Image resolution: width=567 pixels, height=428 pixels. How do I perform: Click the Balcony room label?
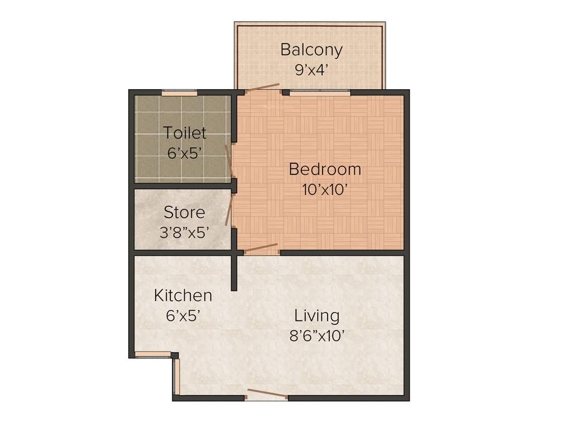tap(311, 50)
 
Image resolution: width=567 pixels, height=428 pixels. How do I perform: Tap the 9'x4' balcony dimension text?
tap(311, 70)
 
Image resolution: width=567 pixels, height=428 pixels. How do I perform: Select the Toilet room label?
tap(185, 133)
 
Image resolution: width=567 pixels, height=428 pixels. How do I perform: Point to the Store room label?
tap(184, 212)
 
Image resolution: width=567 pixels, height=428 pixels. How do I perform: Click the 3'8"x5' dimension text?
tap(184, 232)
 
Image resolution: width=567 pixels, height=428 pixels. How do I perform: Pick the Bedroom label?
tap(325, 169)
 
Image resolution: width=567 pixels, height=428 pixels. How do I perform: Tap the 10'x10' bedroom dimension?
tap(325, 189)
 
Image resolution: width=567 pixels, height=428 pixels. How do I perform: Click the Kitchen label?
tap(183, 295)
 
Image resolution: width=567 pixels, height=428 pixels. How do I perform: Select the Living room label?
tap(317, 316)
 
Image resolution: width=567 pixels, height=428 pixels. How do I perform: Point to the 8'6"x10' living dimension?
tap(317, 336)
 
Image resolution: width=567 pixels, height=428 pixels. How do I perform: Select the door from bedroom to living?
tap(261, 249)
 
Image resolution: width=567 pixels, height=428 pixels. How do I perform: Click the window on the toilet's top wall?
tap(179, 93)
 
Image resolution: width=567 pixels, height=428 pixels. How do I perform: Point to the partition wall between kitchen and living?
tap(234, 272)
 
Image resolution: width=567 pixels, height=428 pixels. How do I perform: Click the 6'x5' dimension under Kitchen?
tap(183, 315)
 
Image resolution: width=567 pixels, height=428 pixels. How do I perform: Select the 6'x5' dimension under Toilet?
tap(185, 153)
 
